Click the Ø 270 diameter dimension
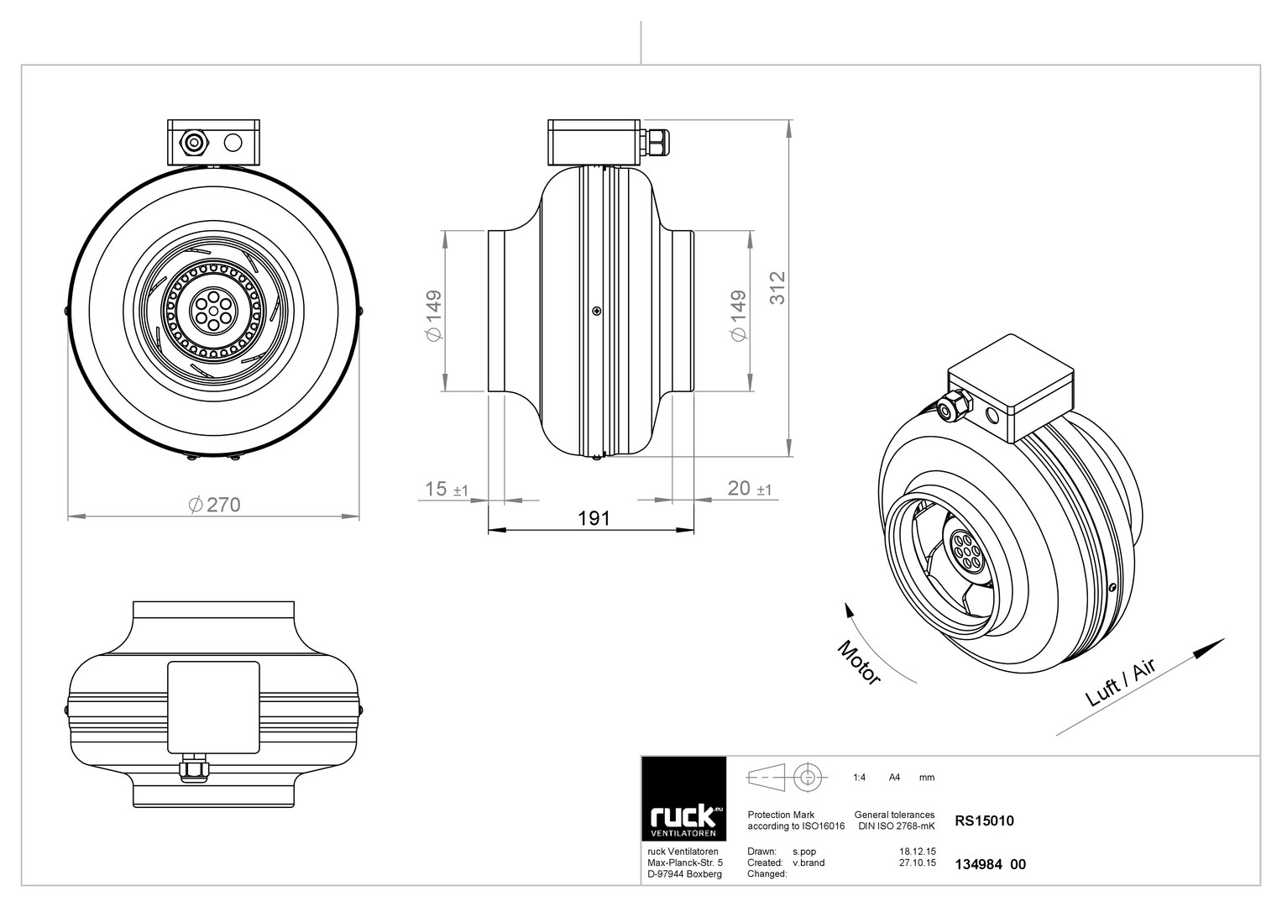coord(215,505)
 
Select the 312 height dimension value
coord(777,288)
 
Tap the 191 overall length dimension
coord(594,519)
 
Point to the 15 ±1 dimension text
coord(447,489)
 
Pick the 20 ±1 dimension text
coord(750,489)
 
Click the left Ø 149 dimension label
coord(434,316)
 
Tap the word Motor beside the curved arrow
coord(859,663)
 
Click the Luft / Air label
coord(1121,683)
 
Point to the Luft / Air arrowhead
coord(1215,645)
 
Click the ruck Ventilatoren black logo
coord(683,799)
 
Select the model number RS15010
coord(984,820)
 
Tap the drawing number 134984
coord(978,864)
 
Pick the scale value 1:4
coord(859,777)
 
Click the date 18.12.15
coord(918,852)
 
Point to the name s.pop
coord(804,852)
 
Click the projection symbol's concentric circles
coord(808,777)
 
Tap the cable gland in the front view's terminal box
coord(192,142)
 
